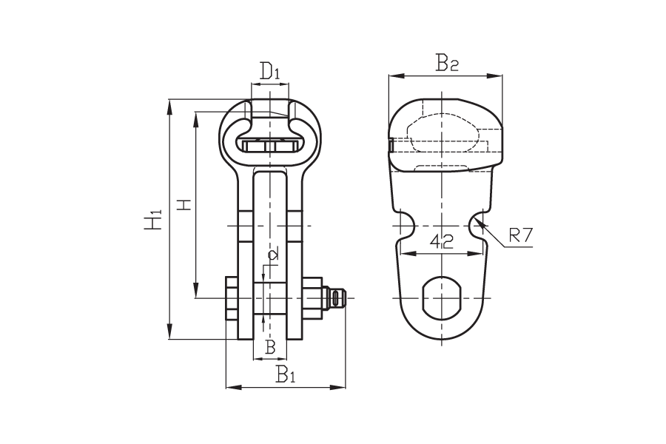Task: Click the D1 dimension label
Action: click(269, 70)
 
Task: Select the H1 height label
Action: click(153, 219)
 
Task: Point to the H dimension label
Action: click(184, 205)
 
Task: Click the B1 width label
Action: click(286, 374)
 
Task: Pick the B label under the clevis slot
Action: click(270, 347)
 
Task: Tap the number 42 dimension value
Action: click(442, 241)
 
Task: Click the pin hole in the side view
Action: click(442, 297)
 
